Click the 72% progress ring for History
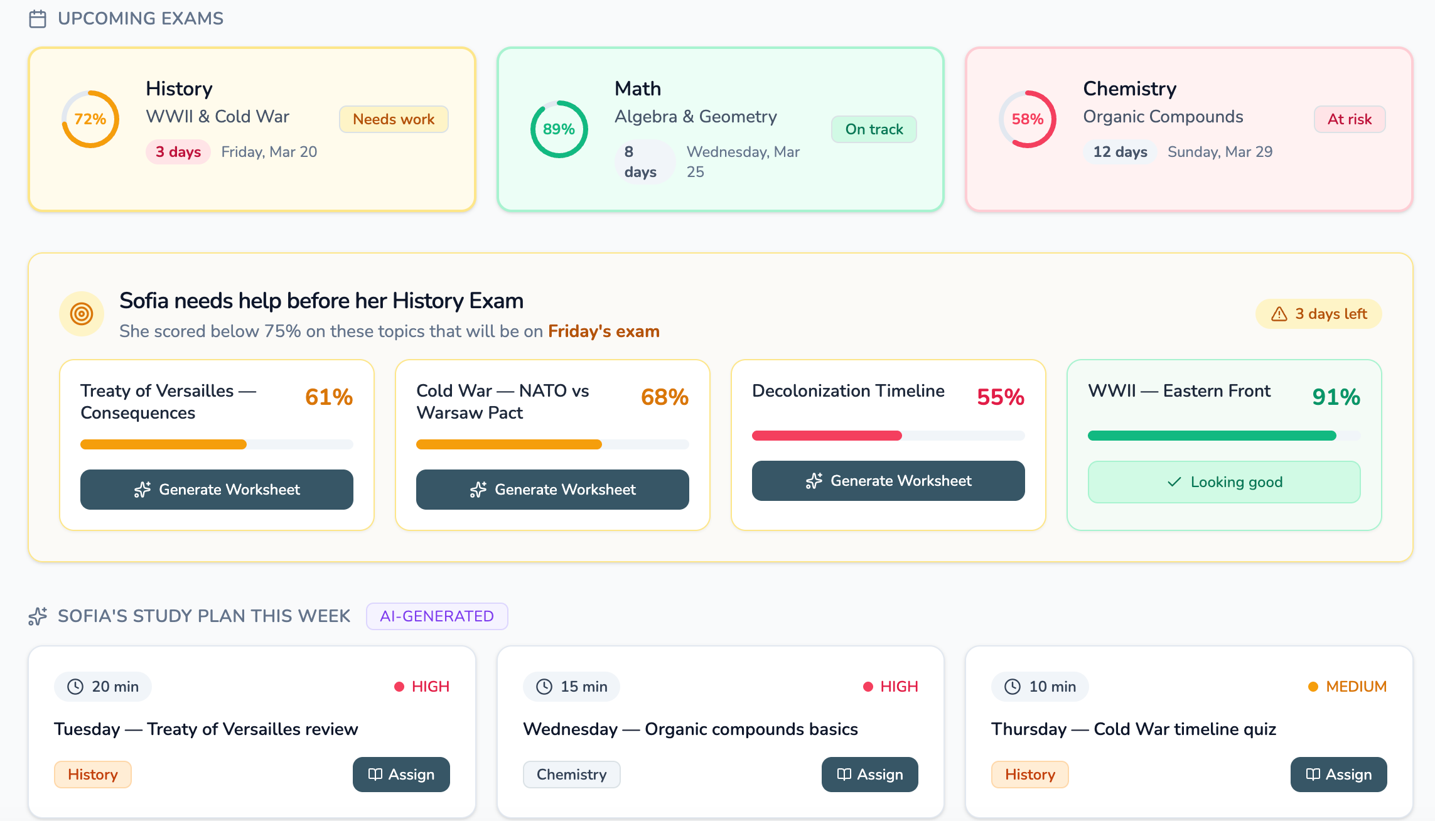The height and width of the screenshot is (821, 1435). (x=90, y=119)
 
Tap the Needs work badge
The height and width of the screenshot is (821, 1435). (x=394, y=119)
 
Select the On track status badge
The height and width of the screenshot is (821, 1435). (x=874, y=129)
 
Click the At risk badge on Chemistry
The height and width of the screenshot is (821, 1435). (x=1350, y=119)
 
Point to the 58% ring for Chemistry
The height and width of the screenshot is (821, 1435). (x=1028, y=119)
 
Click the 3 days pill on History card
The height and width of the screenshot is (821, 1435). (x=178, y=152)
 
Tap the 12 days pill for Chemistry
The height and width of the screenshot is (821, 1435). (x=1120, y=152)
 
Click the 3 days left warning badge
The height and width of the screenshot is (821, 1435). (x=1319, y=314)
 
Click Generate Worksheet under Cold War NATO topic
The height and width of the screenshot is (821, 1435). (x=552, y=490)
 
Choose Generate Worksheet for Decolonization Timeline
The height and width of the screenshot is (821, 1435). (x=888, y=481)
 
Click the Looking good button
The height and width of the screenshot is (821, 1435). (x=1224, y=482)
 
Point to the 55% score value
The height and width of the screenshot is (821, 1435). (x=1001, y=397)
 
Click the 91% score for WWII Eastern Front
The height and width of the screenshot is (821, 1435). (x=1336, y=397)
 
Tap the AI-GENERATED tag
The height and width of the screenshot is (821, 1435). (x=437, y=616)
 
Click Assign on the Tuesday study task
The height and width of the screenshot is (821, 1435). (x=401, y=775)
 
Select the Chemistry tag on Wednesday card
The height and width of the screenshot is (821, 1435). (x=571, y=775)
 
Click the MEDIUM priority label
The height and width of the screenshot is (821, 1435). (x=1356, y=687)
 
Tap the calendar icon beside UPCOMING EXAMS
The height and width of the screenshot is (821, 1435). (x=38, y=19)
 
